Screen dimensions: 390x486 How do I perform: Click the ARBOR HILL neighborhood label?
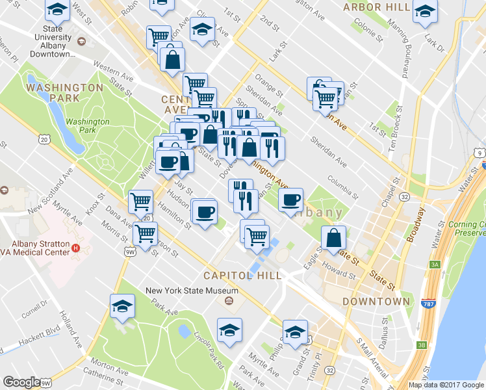(x=377, y=7)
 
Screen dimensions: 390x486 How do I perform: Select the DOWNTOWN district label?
(x=376, y=302)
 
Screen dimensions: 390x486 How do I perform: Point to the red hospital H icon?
(x=75, y=247)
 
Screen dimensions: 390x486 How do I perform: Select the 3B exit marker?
(x=422, y=345)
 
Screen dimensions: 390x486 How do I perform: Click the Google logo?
(x=21, y=382)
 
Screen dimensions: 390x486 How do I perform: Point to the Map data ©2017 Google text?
(x=446, y=385)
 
